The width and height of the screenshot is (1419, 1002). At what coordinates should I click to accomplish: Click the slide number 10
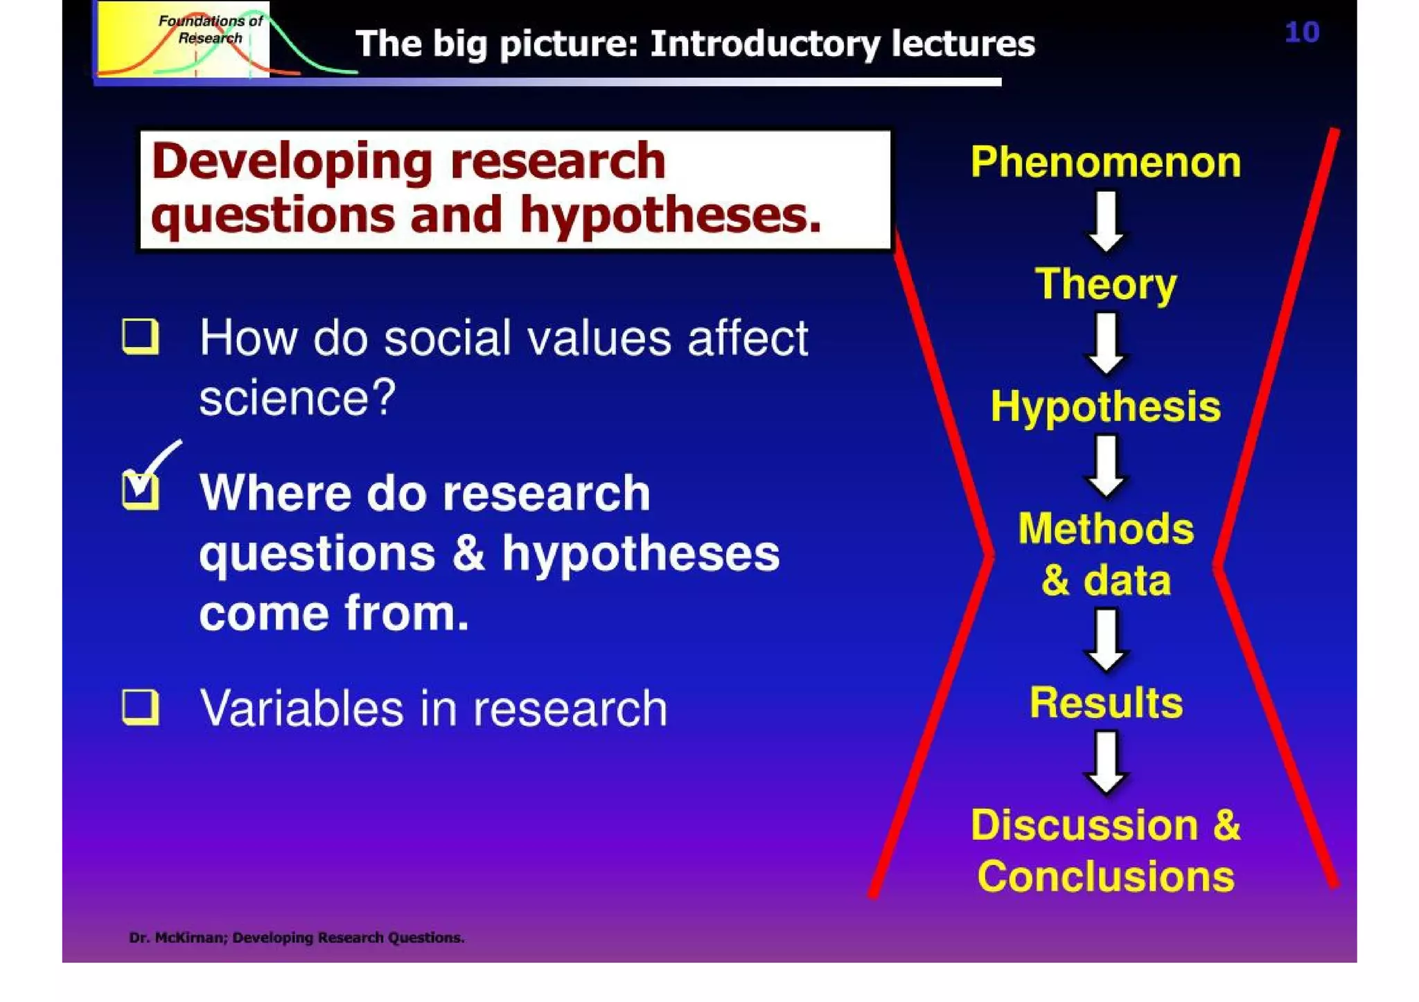point(1301,33)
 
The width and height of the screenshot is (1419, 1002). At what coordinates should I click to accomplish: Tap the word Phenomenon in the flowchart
point(1105,162)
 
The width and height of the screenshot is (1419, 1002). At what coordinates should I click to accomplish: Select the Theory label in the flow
point(1106,284)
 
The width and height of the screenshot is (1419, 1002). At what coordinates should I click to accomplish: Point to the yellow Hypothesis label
point(1105,406)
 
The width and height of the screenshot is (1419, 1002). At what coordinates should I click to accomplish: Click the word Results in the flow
point(1106,703)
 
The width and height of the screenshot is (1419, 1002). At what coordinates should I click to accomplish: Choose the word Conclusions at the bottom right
point(1106,877)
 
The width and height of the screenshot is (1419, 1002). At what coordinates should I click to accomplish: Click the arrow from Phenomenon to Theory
point(1106,222)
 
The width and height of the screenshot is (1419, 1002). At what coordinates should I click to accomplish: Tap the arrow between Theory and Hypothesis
point(1106,343)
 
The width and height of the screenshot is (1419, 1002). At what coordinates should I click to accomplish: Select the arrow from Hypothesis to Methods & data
point(1106,466)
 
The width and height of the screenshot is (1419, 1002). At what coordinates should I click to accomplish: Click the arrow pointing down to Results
point(1106,639)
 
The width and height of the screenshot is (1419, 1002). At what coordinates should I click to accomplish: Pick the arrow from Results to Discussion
point(1106,762)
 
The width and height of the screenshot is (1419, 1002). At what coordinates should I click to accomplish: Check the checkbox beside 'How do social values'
point(140,337)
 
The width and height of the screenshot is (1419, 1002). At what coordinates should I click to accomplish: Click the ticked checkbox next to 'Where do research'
point(140,490)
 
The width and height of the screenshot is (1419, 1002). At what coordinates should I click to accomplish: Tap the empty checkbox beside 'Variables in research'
point(140,707)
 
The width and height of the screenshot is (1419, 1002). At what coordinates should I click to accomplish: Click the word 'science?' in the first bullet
point(297,398)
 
